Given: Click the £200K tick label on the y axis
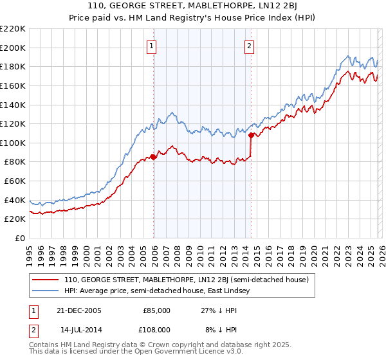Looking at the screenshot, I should (13, 48).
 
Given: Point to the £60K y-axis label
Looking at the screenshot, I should (15, 181).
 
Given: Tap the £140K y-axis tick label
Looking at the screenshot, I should (13, 105).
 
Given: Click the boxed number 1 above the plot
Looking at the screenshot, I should (151, 46).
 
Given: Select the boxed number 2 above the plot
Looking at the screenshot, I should (249, 46).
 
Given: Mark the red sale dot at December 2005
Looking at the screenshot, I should (154, 157).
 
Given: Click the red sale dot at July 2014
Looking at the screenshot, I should (251, 135).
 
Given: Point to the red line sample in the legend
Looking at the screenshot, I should (46, 280).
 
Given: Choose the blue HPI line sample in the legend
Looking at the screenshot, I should (46, 291).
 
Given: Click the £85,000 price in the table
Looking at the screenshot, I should (156, 310).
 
